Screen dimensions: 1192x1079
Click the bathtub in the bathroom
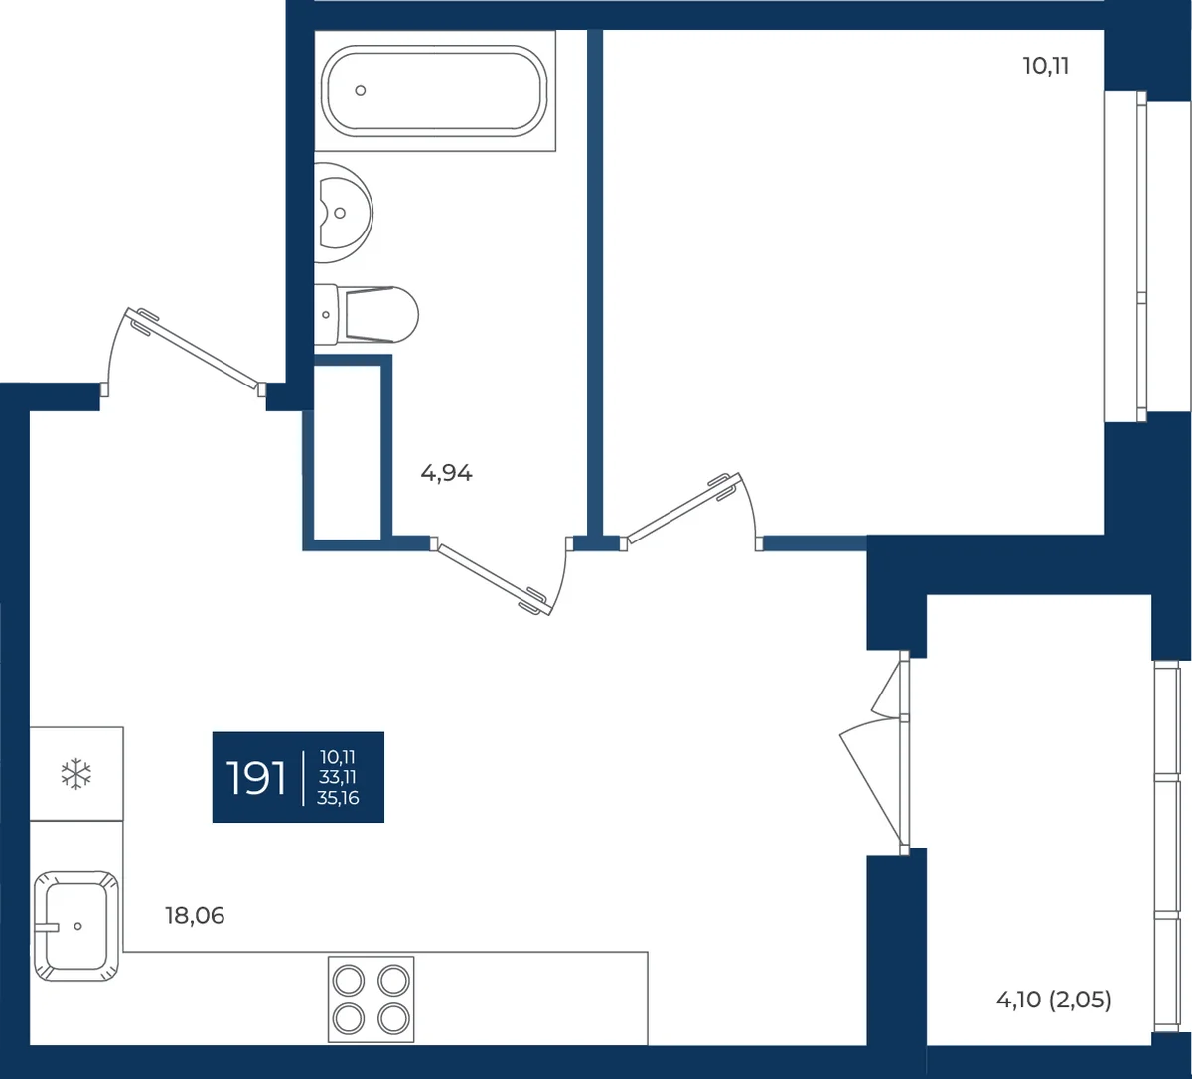click(x=434, y=91)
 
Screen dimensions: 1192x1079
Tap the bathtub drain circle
click(x=361, y=91)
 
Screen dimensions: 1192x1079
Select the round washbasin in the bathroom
click(x=343, y=213)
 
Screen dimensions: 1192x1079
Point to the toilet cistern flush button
click(x=326, y=315)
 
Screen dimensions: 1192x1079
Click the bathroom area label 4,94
click(x=446, y=473)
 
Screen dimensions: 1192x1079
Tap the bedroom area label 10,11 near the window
click(x=1046, y=66)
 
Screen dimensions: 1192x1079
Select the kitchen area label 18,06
click(x=195, y=916)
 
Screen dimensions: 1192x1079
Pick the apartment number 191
click(x=256, y=778)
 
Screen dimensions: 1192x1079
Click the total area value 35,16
click(x=338, y=798)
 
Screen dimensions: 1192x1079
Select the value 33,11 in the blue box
click(x=338, y=777)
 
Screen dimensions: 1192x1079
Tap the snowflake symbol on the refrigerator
click(x=76, y=773)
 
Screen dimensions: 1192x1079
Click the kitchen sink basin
click(x=76, y=926)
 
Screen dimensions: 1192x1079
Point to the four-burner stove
click(x=371, y=1000)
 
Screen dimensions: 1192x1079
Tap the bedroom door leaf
click(x=684, y=509)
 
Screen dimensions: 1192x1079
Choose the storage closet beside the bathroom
click(x=347, y=452)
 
